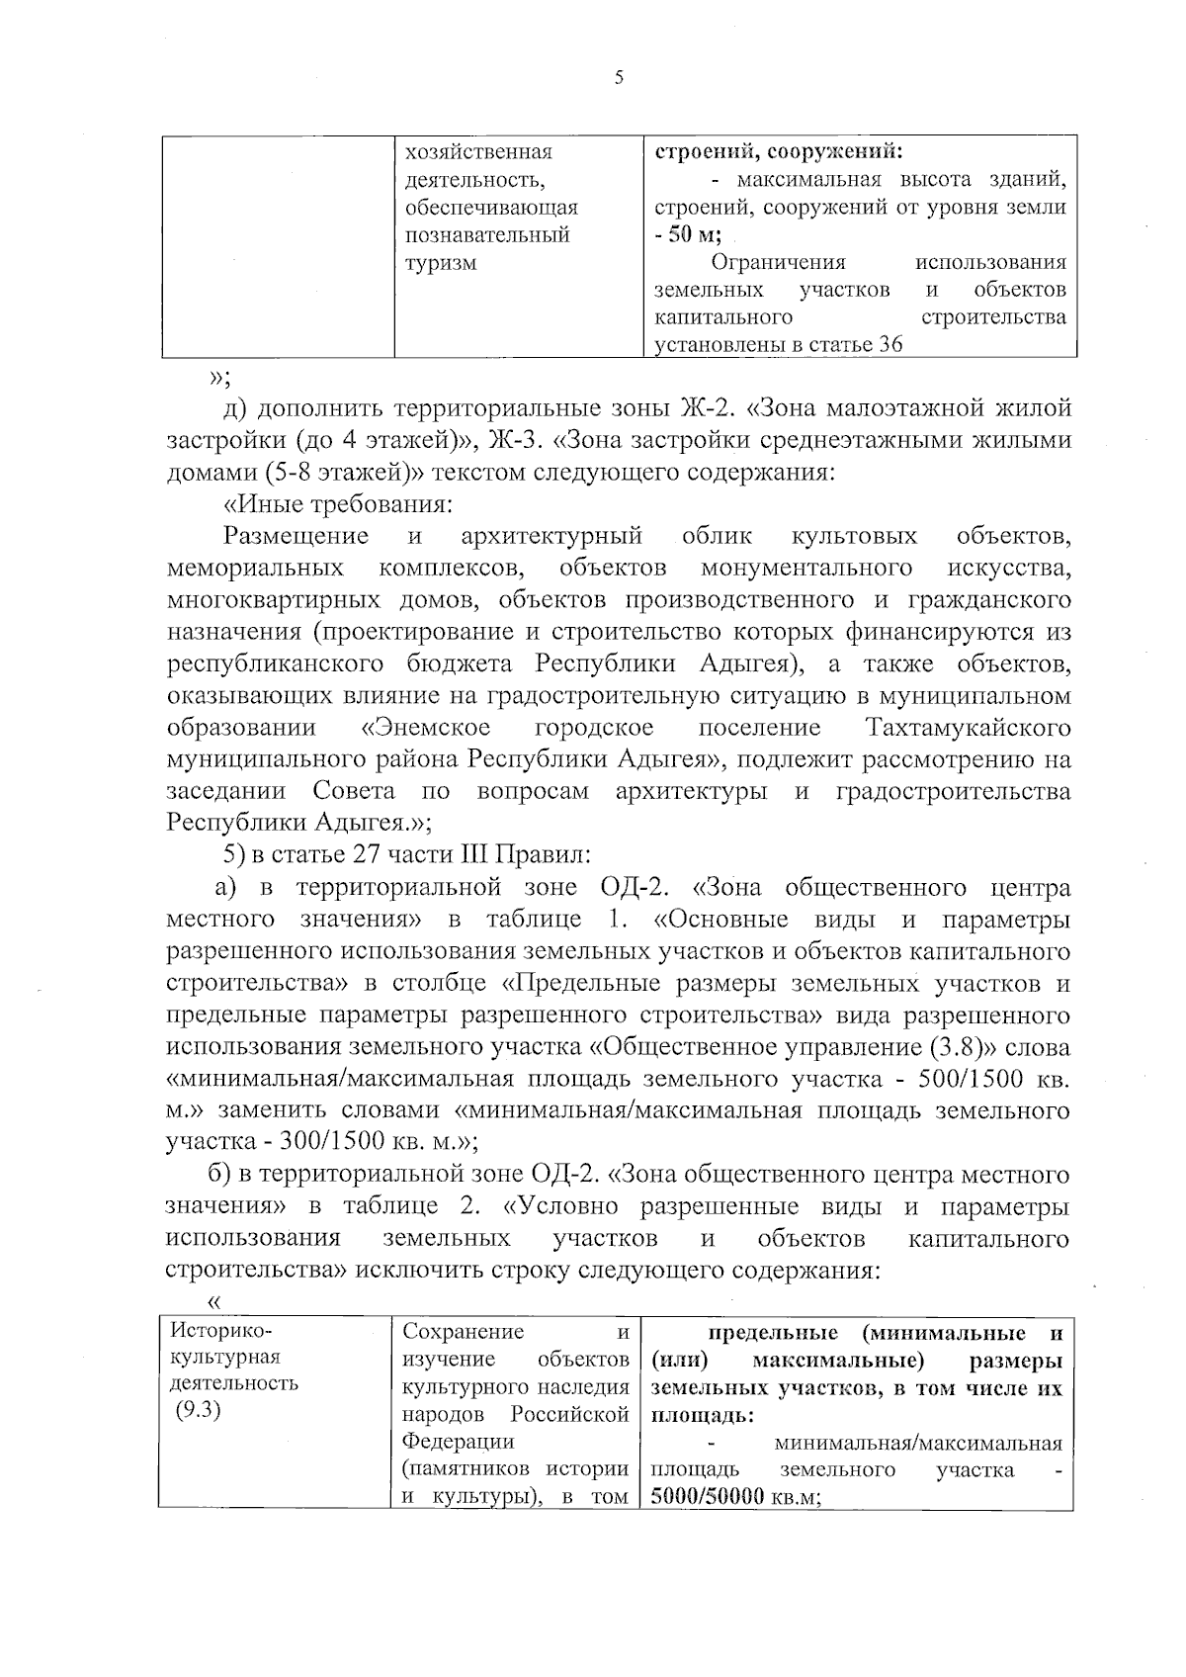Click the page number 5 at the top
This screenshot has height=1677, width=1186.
coord(619,79)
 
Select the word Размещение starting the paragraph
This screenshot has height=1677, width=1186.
coord(296,536)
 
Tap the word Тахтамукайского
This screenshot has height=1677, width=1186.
coord(968,728)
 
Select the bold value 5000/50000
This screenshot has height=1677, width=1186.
coord(708,1497)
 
